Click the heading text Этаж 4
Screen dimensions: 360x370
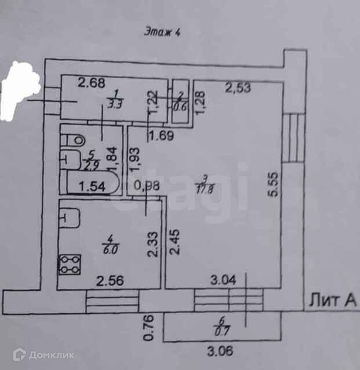(162, 32)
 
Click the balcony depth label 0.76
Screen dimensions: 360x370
(148, 327)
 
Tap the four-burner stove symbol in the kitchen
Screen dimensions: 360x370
(69, 264)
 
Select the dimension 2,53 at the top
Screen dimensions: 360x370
(238, 88)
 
